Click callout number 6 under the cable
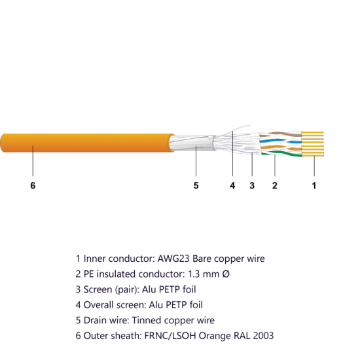pos(33,185)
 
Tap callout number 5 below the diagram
pos(196,185)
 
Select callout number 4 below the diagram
pos(232,185)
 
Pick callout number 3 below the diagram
pos(252,185)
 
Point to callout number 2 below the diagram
pos(275,185)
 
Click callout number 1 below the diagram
pos(314,185)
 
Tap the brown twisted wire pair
pos(281,134)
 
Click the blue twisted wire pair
pos(281,141)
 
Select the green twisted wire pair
pos(281,154)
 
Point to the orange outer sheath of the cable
pos(87,143)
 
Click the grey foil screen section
pos(192,143)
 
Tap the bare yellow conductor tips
pos(313,144)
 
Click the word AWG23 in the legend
pos(173,259)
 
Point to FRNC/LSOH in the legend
pos(170,336)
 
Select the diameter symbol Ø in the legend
pos(226,274)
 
